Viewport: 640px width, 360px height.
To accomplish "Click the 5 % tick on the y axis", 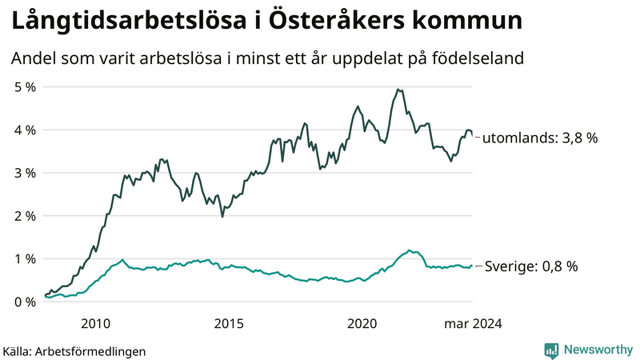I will (23, 86).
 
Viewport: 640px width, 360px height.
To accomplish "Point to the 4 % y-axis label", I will (23, 130).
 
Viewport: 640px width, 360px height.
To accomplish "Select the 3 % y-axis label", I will (23, 173).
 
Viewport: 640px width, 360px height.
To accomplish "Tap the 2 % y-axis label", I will (23, 216).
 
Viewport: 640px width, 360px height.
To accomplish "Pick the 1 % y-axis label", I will (23, 259).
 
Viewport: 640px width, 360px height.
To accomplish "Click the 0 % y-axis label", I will (23, 302).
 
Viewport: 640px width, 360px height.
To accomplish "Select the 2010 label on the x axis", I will (95, 323).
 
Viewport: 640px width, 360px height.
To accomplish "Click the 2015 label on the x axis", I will (229, 323).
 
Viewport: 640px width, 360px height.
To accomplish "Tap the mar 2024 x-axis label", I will (473, 323).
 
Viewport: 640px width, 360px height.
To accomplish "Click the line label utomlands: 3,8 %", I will (540, 138).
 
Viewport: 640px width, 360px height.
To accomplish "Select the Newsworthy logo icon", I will (551, 350).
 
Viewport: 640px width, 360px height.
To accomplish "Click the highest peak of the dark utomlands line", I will (398, 90).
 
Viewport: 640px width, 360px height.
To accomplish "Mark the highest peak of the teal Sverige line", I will (409, 250).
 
